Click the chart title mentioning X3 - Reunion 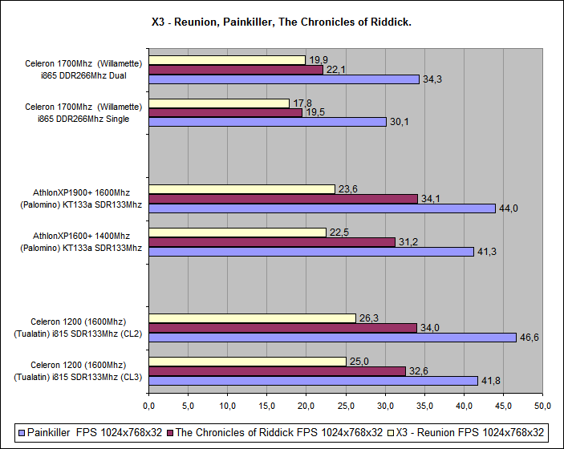(x=282, y=22)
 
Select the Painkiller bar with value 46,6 (x=332, y=338)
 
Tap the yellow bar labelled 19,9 (x=227, y=60)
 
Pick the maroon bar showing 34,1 (x=282, y=199)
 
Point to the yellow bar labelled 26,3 (x=252, y=318)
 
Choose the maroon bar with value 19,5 (x=225, y=112)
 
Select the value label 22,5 (x=339, y=233)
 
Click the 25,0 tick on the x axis (x=346, y=395)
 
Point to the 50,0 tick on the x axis (x=543, y=395)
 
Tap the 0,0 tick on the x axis (x=148, y=395)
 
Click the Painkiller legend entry (x=91, y=432)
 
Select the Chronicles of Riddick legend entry (x=275, y=432)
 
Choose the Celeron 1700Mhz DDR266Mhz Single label (x=84, y=112)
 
